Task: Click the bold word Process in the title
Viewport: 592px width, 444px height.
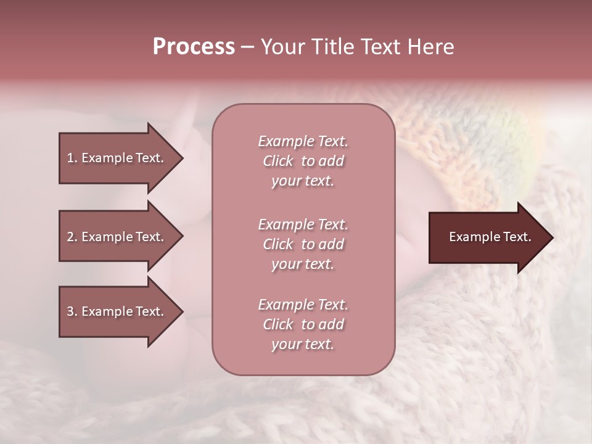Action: coord(194,47)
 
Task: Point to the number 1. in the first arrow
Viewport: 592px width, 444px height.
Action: coord(72,158)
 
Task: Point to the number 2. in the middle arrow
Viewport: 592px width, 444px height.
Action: coord(72,237)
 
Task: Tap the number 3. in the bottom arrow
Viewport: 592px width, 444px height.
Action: coord(72,311)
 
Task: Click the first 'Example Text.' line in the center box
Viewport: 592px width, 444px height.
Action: coord(303,141)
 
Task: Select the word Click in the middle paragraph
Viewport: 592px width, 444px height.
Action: coord(278,244)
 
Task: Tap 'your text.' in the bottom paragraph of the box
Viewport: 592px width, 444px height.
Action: coord(303,344)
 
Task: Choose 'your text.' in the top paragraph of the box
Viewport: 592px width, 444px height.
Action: coord(303,181)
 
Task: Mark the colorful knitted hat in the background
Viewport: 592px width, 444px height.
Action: coord(469,142)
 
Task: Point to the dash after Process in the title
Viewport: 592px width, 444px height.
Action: coord(247,47)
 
